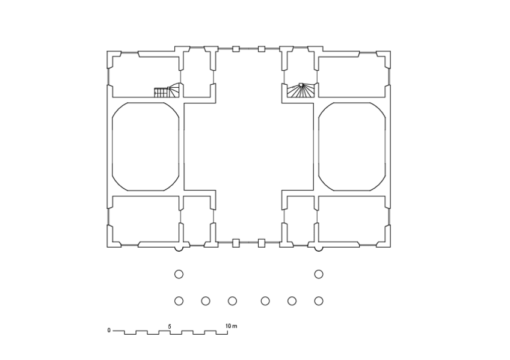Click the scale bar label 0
pos(109,331)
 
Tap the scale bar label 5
pos(170,326)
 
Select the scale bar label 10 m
pos(232,326)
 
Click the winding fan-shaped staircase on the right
pos(301,90)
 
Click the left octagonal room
pos(146,147)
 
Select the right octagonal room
pos(352,147)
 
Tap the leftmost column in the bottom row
pos(179,301)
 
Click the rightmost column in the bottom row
pos(319,301)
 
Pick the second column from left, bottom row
pos(206,301)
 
